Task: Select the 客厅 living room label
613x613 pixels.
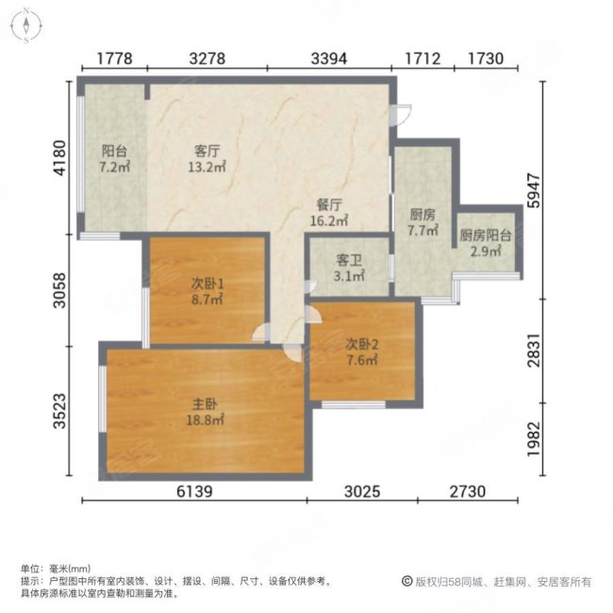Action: pos(207,151)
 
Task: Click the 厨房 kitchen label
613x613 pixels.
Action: pos(422,213)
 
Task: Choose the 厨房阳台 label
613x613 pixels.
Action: pos(485,237)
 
